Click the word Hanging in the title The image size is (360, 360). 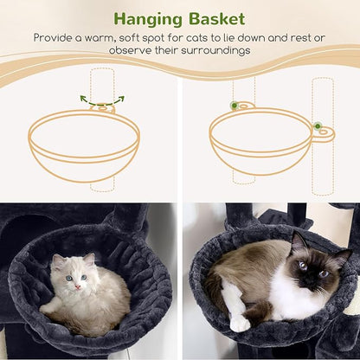(x=148, y=20)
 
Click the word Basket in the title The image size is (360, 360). (x=217, y=19)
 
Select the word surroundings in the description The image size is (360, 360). (x=215, y=51)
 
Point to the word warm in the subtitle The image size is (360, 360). (x=100, y=38)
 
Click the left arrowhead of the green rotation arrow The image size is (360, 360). (x=84, y=99)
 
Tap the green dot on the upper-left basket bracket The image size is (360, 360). (x=235, y=106)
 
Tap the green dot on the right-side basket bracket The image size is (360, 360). (x=318, y=126)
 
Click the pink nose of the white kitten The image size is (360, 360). (x=78, y=287)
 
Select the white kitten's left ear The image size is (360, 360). (x=56, y=260)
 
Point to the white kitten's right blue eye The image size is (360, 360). (x=84, y=277)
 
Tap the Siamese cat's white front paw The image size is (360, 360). (x=240, y=324)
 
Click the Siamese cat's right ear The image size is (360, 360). (x=344, y=258)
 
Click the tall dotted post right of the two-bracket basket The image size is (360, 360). (x=323, y=137)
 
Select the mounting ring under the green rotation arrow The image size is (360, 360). (x=103, y=109)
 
